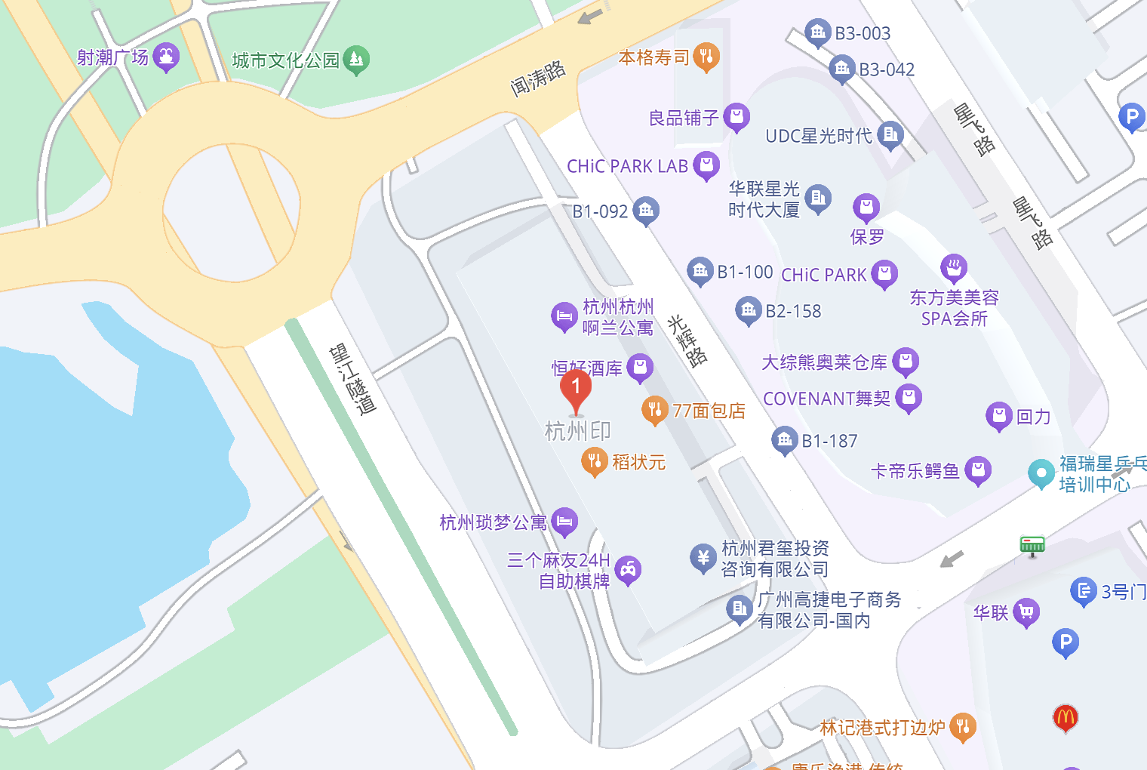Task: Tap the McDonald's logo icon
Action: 1065,717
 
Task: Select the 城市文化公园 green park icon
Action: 356,60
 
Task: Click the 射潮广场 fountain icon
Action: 166,57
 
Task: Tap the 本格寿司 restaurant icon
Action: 706,57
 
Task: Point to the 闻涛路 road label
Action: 538,79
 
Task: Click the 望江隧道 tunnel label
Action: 352,380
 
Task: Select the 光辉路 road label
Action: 687,340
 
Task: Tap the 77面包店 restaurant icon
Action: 654,410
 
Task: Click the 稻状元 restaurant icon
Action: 594,461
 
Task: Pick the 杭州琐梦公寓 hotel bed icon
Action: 564,521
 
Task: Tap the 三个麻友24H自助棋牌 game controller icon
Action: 628,570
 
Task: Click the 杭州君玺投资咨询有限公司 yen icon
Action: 703,559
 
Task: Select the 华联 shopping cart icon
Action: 1026,612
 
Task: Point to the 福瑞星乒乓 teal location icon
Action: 1041,474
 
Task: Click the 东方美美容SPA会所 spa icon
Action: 954,268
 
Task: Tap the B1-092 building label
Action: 600,211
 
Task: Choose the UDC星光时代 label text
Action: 819,136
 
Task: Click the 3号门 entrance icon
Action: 1084,591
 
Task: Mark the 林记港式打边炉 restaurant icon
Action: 962,727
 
